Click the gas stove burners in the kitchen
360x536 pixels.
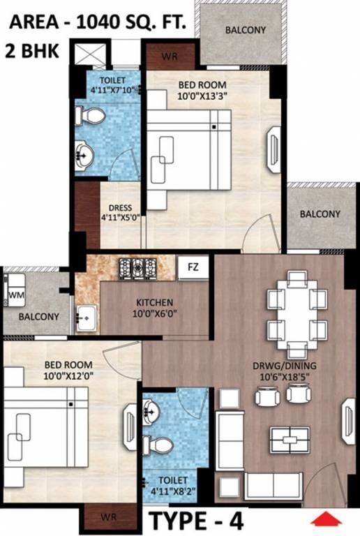click(x=138, y=267)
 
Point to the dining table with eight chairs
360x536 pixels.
click(x=297, y=314)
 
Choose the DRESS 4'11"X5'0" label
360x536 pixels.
click(x=120, y=212)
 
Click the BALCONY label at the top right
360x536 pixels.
click(x=245, y=30)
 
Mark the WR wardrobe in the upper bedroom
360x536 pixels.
click(x=168, y=56)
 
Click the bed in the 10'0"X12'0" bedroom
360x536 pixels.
click(x=45, y=433)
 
